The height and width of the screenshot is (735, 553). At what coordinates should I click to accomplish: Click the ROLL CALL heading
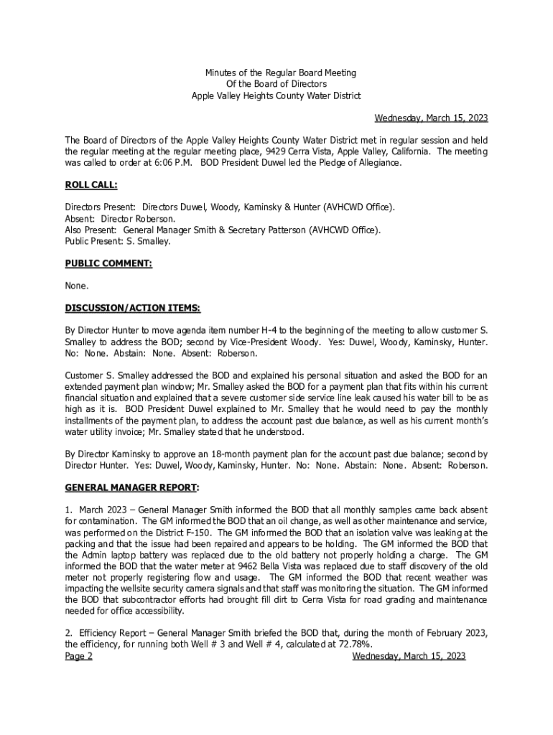point(91,185)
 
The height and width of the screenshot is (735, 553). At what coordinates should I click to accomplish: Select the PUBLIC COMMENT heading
point(108,263)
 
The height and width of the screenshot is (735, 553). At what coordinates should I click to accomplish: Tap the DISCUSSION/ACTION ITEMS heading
point(133,308)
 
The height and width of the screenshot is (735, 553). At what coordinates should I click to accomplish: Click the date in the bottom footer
point(409,656)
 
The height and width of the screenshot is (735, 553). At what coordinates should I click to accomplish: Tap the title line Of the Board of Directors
point(276,84)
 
